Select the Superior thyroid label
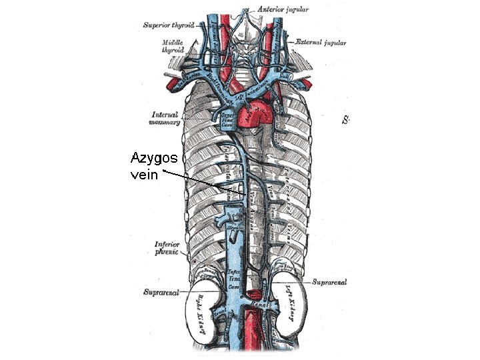[169, 25]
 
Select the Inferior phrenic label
[166, 248]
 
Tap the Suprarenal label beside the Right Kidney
[160, 293]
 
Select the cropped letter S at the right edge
[346, 120]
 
